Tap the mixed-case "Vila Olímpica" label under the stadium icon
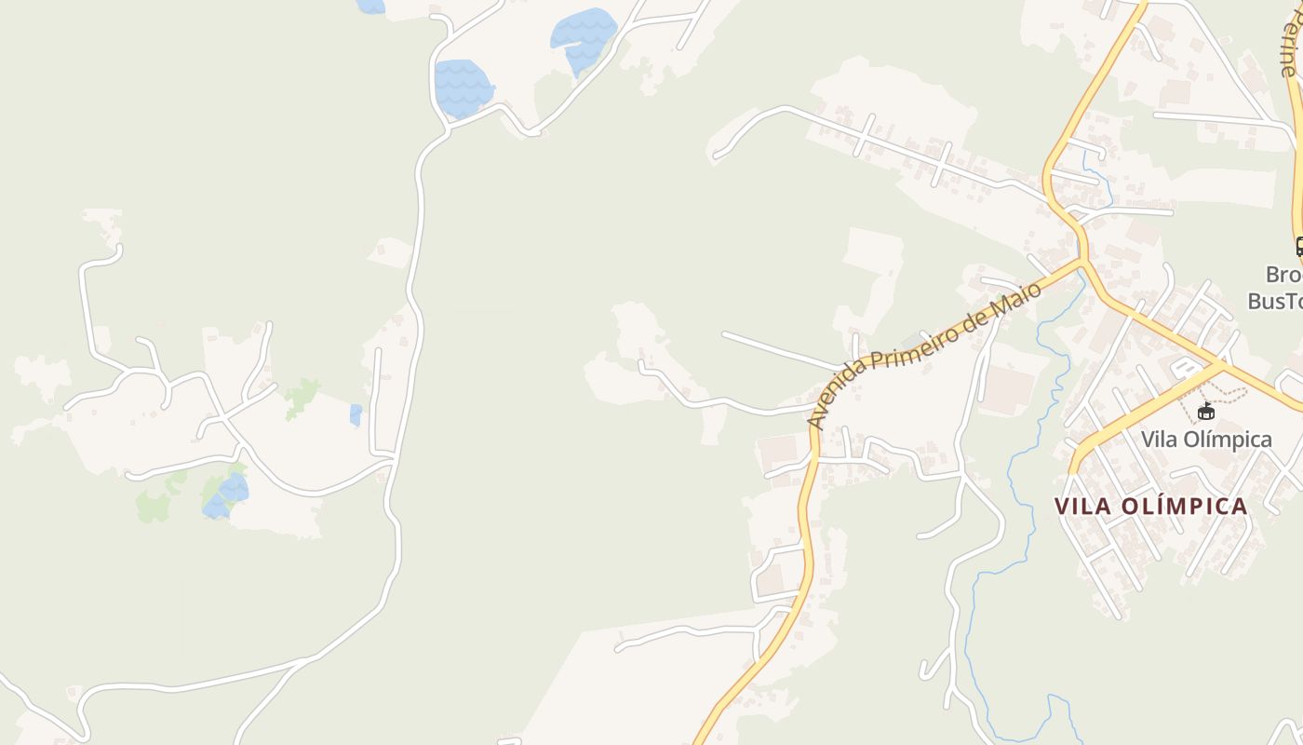[1206, 440]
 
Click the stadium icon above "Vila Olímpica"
[1206, 411]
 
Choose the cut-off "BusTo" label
[1275, 300]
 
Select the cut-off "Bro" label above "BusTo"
[1283, 276]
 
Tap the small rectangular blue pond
[356, 414]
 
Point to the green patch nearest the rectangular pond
[302, 398]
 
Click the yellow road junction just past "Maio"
[1081, 262]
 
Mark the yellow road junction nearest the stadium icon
[1221, 364]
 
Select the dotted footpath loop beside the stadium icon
[1229, 395]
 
